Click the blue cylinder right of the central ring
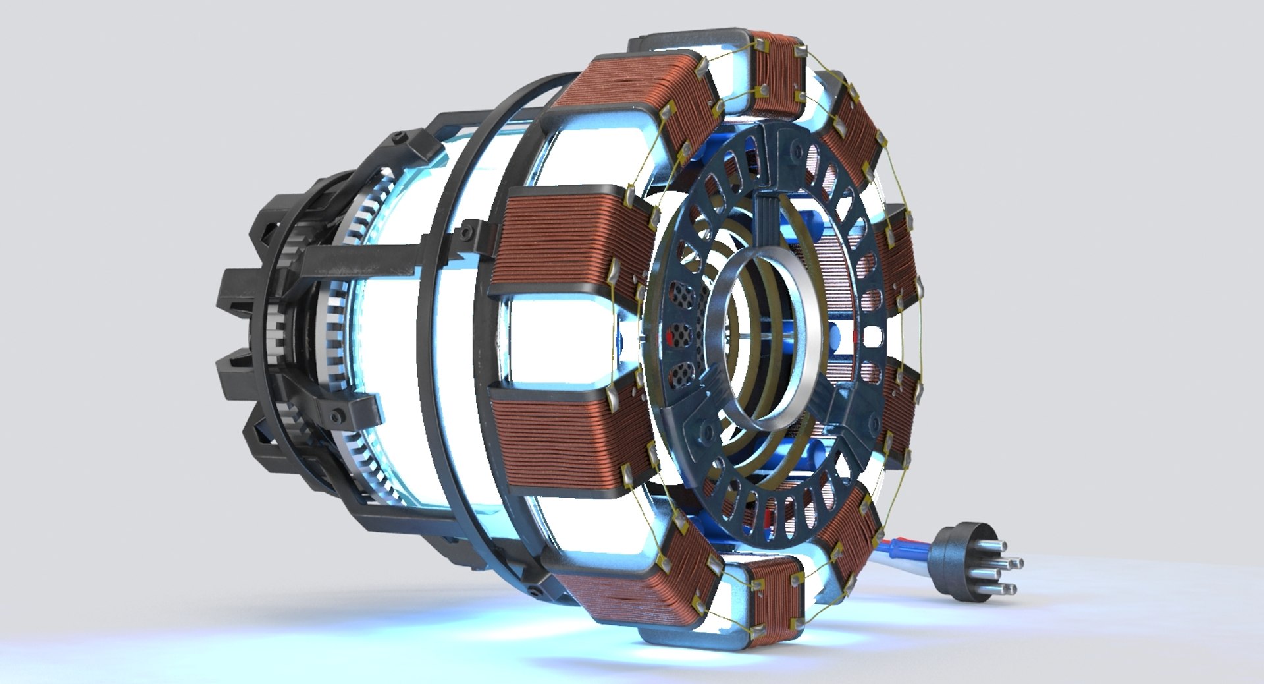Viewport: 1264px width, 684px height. [834, 336]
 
